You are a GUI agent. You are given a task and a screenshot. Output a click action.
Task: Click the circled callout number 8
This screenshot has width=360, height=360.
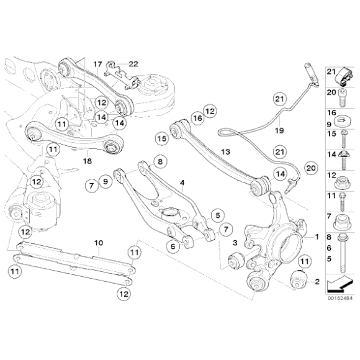click(x=160, y=161)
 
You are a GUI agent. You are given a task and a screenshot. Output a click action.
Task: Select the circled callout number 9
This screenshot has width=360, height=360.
click(x=106, y=182)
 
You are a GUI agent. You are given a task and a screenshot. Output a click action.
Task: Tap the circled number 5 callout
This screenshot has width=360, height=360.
click(x=218, y=215)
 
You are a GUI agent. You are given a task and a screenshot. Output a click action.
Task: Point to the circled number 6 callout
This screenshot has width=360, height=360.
click(x=173, y=246)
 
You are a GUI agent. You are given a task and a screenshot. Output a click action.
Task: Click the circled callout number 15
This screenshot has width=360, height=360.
click(x=161, y=138)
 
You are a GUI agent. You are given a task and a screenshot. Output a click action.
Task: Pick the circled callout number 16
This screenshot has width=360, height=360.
click(x=197, y=118)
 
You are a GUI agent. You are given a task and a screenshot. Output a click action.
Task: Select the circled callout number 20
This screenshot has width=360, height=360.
click(x=311, y=168)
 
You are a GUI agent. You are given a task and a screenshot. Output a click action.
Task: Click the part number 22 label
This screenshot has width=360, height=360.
click(x=133, y=64)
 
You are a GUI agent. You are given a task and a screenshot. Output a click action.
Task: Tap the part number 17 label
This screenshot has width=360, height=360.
click(x=97, y=64)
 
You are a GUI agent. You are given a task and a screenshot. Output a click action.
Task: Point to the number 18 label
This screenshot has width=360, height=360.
click(x=88, y=161)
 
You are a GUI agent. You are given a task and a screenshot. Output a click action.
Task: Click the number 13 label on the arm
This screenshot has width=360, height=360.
click(x=225, y=152)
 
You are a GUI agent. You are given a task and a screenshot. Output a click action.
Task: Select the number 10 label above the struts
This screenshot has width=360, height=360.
click(x=99, y=243)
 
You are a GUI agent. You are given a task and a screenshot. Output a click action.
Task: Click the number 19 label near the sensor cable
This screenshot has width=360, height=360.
click(x=279, y=130)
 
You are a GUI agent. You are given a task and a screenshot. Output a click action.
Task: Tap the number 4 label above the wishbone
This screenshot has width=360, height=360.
click(x=182, y=183)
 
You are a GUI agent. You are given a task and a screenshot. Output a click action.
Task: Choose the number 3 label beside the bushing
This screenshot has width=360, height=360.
click(x=235, y=243)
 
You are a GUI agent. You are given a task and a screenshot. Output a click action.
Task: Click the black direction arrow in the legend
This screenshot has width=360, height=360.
click(x=339, y=284)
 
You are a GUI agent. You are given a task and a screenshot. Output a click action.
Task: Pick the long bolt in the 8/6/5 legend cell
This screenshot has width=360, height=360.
click(x=343, y=253)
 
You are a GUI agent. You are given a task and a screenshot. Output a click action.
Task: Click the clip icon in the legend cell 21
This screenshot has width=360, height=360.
click(x=343, y=77)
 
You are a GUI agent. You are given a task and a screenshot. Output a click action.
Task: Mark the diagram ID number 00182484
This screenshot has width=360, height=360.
click(x=340, y=298)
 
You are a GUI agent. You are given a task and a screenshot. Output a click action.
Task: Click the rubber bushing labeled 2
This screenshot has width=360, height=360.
click(x=298, y=281)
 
